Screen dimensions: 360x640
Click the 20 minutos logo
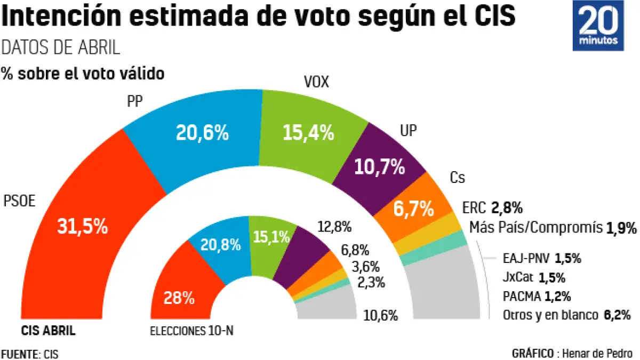pyautogui.click(x=597, y=26)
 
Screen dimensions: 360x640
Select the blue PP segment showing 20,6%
pyautogui.click(x=203, y=133)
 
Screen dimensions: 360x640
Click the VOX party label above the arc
pyautogui.click(x=316, y=83)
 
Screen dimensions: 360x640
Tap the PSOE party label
pyautogui.click(x=20, y=202)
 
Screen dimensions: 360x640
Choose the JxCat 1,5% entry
pyautogui.click(x=534, y=277)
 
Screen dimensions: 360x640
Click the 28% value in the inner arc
pyautogui.click(x=179, y=298)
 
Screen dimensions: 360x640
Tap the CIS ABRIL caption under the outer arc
pyautogui.click(x=48, y=331)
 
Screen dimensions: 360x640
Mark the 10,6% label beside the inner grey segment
pyautogui.click(x=380, y=315)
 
